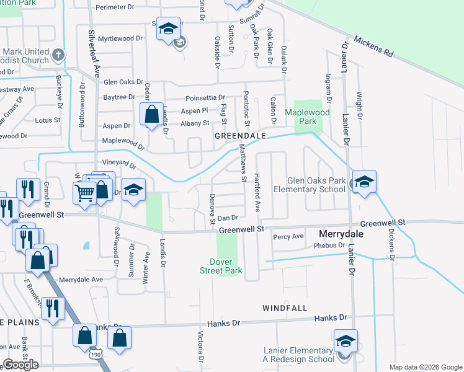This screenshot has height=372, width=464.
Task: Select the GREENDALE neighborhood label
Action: coord(239,135)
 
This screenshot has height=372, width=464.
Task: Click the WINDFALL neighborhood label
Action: coord(285,308)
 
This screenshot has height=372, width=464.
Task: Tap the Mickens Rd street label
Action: coord(374,47)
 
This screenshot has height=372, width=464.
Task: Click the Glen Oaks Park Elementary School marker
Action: coord(364,182)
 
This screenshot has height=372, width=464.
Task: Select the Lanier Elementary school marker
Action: coord(346,341)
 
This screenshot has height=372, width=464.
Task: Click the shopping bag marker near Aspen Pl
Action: coord(151,115)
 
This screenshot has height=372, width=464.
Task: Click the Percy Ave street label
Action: coord(288,236)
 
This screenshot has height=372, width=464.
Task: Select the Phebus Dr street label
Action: coord(329,246)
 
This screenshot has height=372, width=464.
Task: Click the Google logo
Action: coord(20,365)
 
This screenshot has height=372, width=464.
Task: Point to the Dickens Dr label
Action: coord(391,245)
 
